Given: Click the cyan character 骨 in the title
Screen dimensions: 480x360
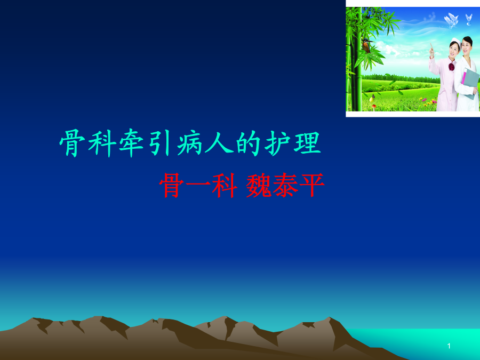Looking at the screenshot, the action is [x=73, y=143].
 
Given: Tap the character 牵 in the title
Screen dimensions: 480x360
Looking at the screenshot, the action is [x=132, y=143].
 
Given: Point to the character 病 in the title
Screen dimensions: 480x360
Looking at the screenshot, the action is [x=190, y=143].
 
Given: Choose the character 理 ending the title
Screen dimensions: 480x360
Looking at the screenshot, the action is [x=307, y=143].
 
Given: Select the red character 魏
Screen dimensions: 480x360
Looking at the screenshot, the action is [x=259, y=185].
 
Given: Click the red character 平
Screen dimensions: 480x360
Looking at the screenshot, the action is [x=312, y=185].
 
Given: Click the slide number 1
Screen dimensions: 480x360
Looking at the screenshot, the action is [x=449, y=346].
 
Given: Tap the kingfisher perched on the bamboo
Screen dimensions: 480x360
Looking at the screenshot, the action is [x=367, y=45].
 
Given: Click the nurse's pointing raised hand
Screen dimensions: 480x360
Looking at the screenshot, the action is [x=431, y=49].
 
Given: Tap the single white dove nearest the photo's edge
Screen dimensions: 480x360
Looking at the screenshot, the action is [x=468, y=19].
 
